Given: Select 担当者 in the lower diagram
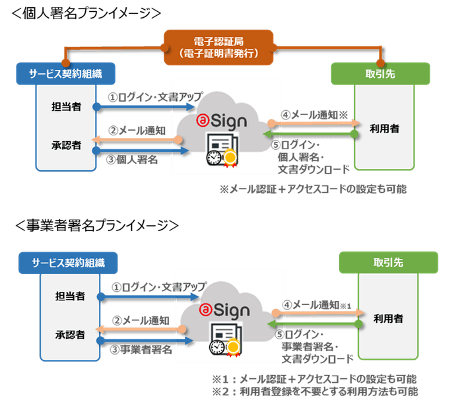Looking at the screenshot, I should pos(70,296).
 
